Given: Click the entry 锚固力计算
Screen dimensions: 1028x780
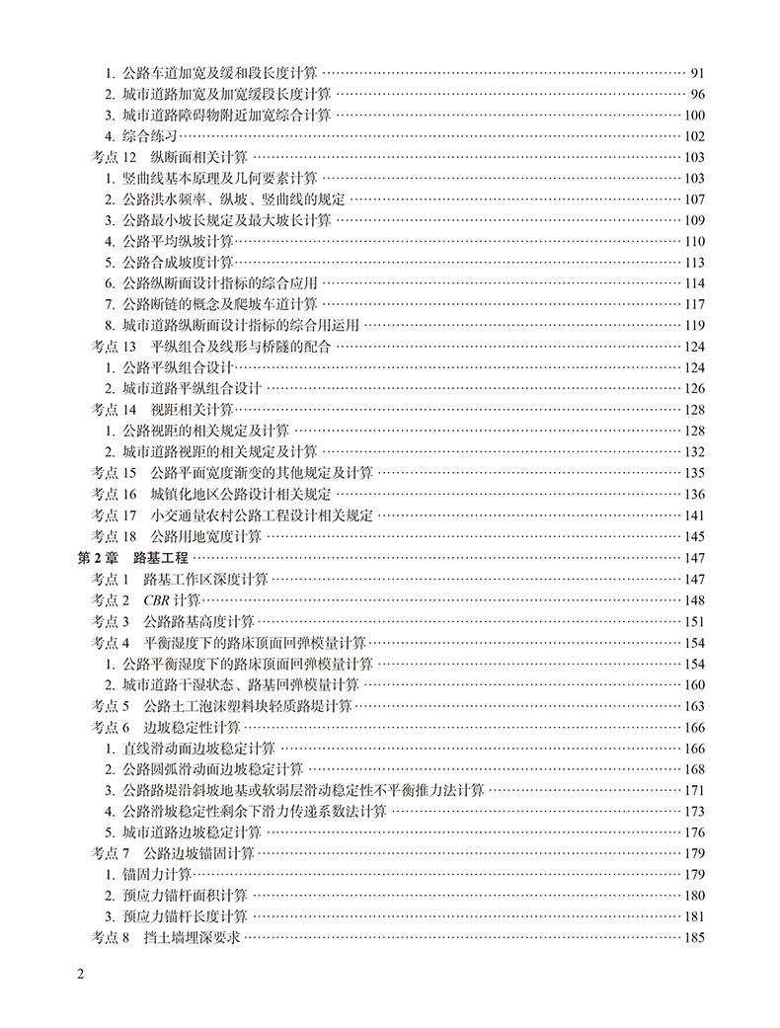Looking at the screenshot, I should tap(156, 875).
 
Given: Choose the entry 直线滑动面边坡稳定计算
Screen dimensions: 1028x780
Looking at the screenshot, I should tap(198, 749).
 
